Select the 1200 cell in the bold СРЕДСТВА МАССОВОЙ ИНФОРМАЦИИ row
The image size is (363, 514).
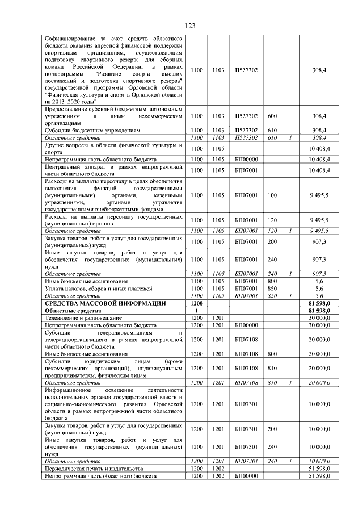[x=196, y=304]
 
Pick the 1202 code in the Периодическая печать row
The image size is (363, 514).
[x=218, y=468]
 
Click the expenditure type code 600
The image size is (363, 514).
[x=272, y=116]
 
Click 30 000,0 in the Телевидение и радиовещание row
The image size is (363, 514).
[x=318, y=318]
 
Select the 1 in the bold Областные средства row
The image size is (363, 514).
[x=196, y=311]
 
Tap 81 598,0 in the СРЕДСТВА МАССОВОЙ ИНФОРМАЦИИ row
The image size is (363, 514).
[x=318, y=304]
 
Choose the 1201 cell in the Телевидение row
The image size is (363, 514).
[x=218, y=318]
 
